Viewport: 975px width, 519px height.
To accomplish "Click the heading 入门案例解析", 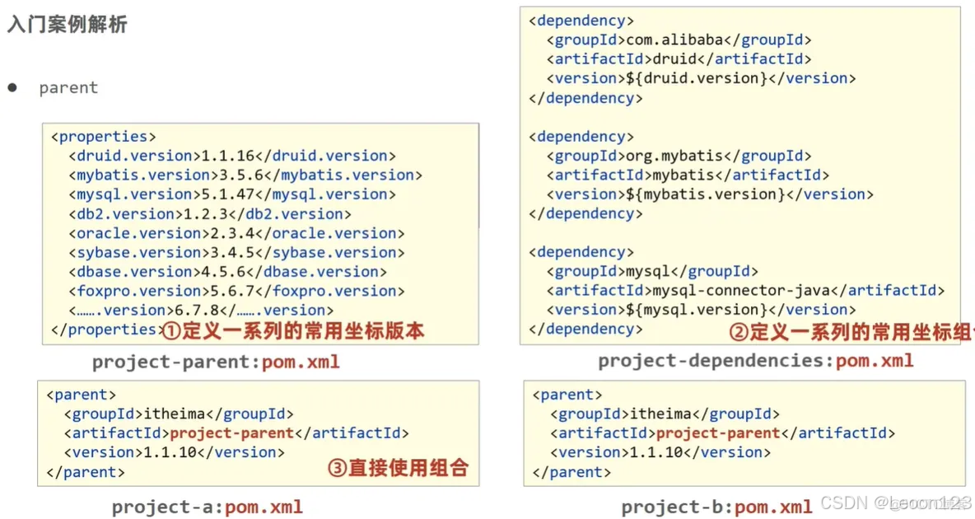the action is click(x=68, y=25).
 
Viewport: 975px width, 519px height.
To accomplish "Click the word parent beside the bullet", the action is click(x=68, y=88).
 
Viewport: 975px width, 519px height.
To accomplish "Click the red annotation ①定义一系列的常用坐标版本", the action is click(x=292, y=331).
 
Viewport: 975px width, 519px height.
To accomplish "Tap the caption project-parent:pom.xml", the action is click(x=216, y=362).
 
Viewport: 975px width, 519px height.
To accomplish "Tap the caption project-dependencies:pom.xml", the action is click(x=755, y=361).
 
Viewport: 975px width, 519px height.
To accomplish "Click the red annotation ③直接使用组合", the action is click(x=398, y=469).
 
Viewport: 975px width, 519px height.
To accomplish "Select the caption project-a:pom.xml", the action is click(x=208, y=507).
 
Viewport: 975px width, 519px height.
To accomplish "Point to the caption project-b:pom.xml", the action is click(x=716, y=507).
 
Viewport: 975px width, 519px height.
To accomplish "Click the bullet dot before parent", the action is click(x=12, y=87).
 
